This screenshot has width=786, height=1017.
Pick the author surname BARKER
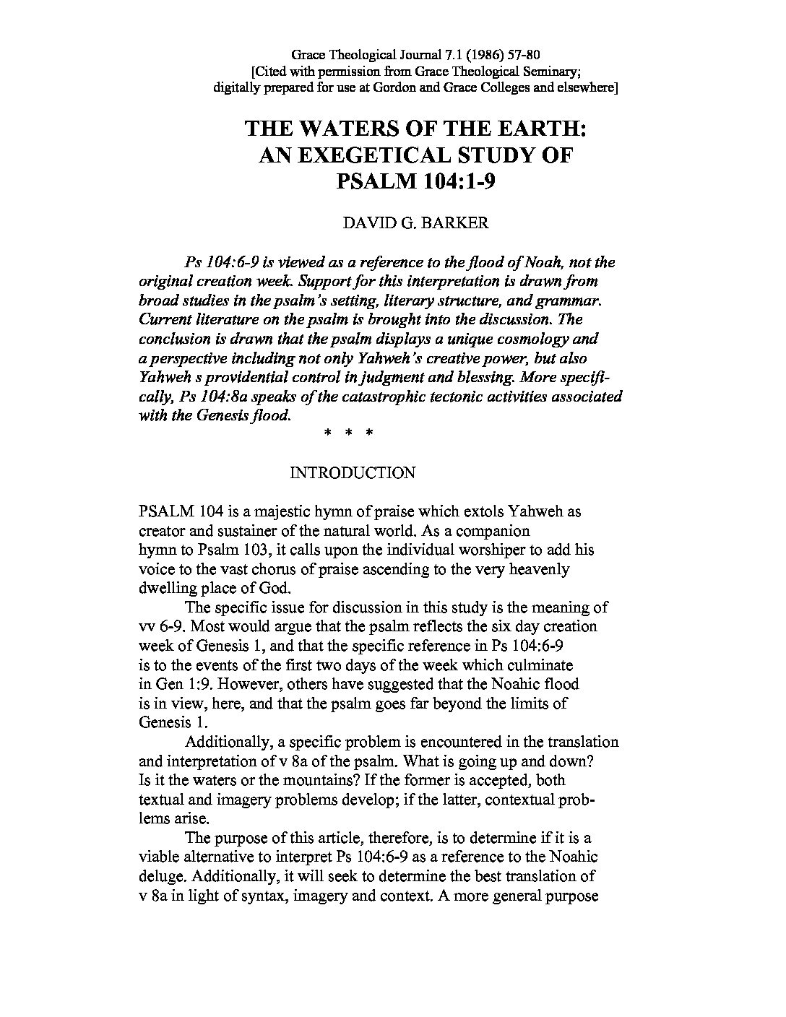coord(456,222)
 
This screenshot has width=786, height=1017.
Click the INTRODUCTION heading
coord(352,473)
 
